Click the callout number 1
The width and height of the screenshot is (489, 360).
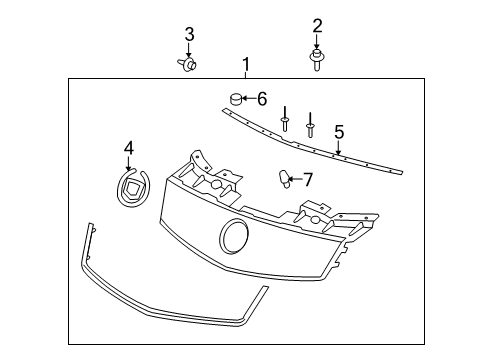(x=245, y=66)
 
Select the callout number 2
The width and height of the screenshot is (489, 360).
(x=317, y=25)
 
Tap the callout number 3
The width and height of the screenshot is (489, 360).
(x=188, y=36)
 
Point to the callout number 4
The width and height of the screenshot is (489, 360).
(x=128, y=148)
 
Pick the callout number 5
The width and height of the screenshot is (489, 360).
(x=339, y=131)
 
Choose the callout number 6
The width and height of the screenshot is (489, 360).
(x=262, y=98)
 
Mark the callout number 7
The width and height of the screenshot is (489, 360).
(x=308, y=179)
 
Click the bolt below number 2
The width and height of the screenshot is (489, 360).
(x=317, y=61)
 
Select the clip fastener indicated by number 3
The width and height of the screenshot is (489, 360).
(x=188, y=66)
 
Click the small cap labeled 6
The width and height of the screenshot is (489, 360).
(x=234, y=98)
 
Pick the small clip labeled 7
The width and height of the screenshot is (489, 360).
(x=284, y=179)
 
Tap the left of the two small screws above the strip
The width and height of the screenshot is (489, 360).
(x=285, y=120)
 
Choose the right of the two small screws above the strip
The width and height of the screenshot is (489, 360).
(x=310, y=124)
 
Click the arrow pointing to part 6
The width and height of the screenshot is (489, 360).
(x=249, y=98)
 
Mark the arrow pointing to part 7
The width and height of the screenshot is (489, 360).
(x=296, y=179)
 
